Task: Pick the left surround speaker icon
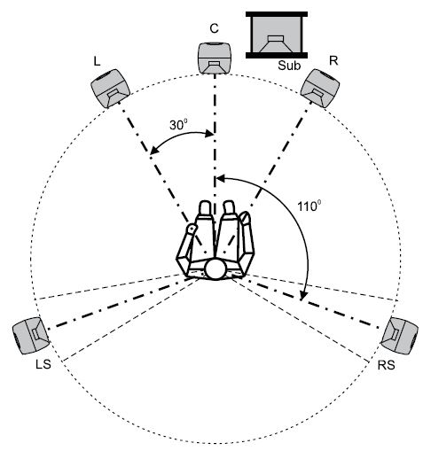tap(31, 335)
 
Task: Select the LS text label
tap(41, 365)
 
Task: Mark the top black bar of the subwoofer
tap(276, 13)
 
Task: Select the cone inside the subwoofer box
tap(276, 41)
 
